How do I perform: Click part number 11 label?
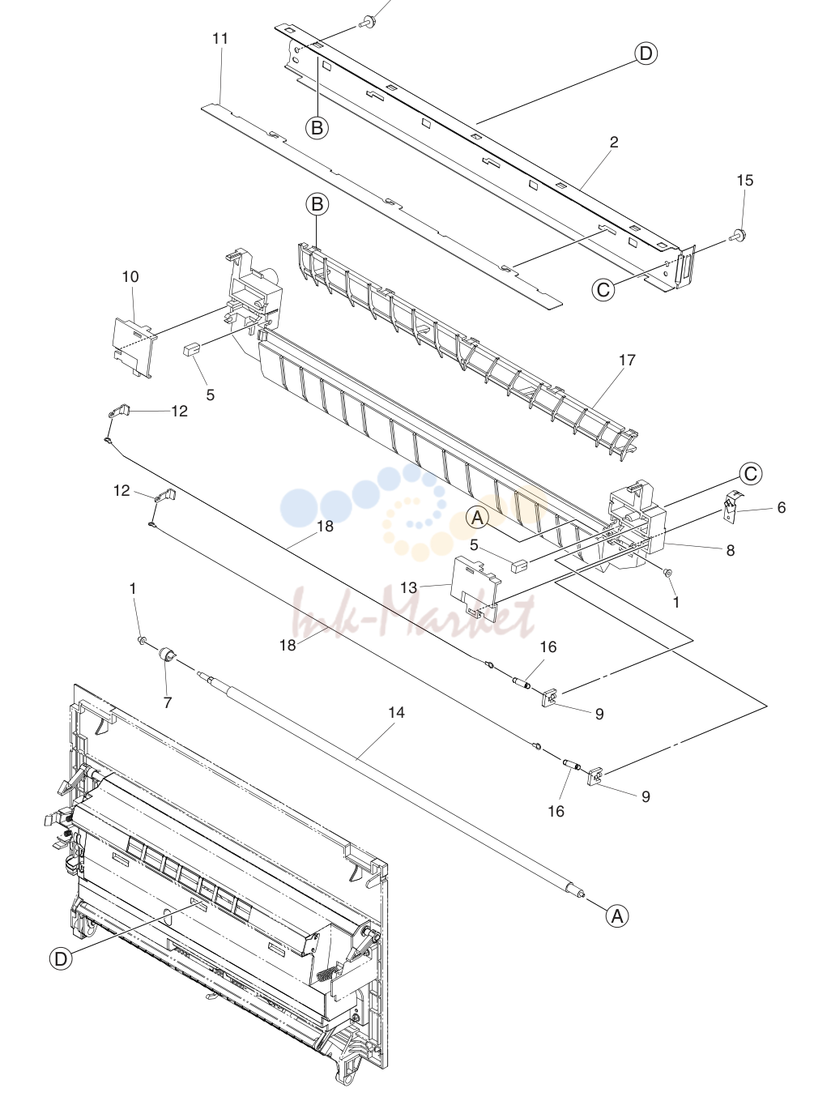pyautogui.click(x=220, y=39)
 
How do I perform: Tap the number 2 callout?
pyautogui.click(x=614, y=143)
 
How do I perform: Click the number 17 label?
pyautogui.click(x=627, y=361)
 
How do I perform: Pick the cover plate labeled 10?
pyautogui.click(x=132, y=346)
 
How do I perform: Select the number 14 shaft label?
pyautogui.click(x=396, y=712)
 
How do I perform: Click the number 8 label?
pyautogui.click(x=731, y=551)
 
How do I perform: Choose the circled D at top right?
pyautogui.click(x=646, y=53)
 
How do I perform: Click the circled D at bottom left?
pyautogui.click(x=61, y=959)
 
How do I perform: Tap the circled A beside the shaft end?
pyautogui.click(x=617, y=916)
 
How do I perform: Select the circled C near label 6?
pyautogui.click(x=750, y=474)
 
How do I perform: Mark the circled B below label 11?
pyautogui.click(x=317, y=128)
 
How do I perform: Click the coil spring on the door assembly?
pyautogui.click(x=326, y=978)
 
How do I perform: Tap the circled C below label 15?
pyautogui.click(x=603, y=289)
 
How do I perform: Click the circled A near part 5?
pyautogui.click(x=477, y=518)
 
